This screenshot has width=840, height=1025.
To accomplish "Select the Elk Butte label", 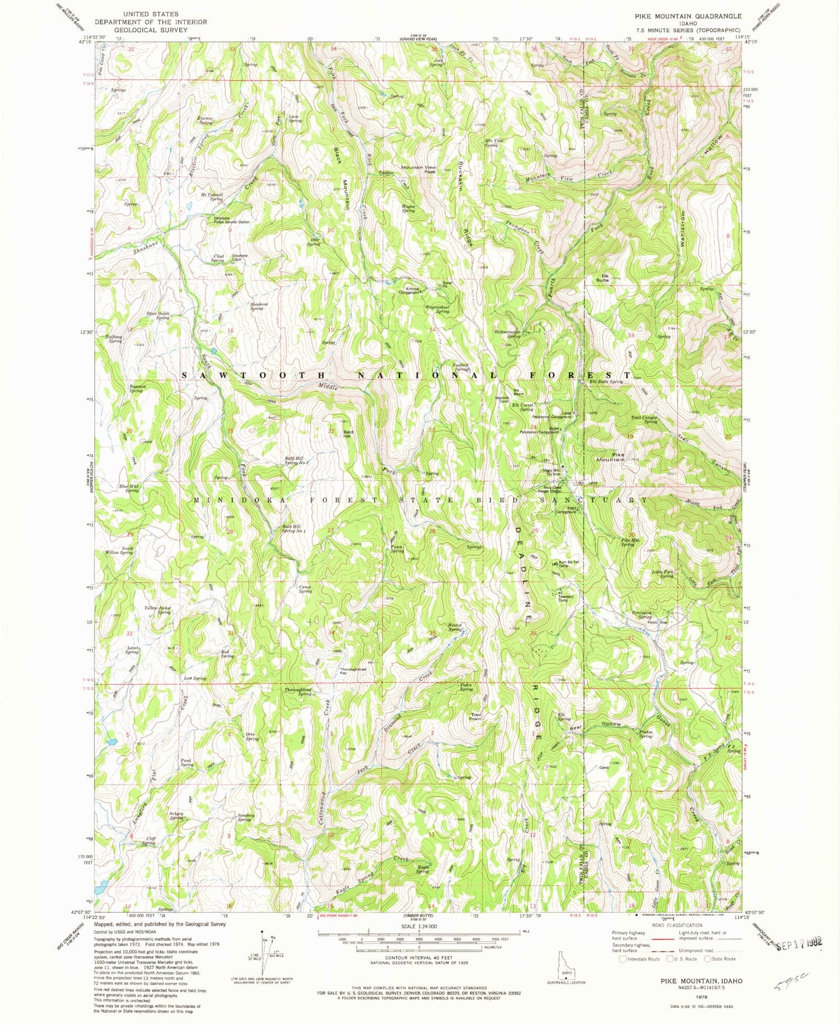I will coord(602,277).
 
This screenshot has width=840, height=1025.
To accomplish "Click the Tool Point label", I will coord(475,716).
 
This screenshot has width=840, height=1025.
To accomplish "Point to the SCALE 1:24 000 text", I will coord(419,926).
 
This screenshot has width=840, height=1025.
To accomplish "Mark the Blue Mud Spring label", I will coord(132,488).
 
